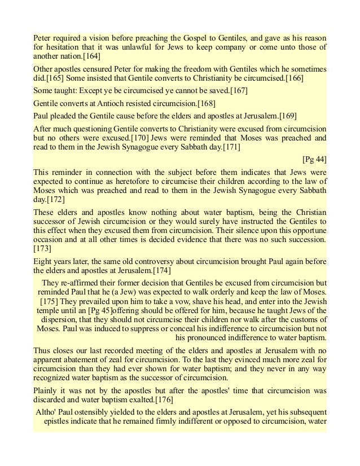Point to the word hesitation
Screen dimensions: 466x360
tap(62, 47)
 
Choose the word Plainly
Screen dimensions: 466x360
tap(46, 389)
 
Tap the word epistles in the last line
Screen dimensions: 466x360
tap(59, 421)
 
